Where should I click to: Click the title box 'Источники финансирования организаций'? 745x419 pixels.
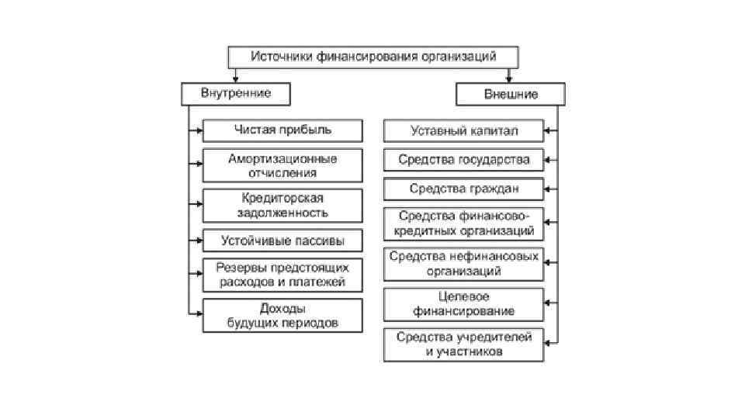click(x=372, y=56)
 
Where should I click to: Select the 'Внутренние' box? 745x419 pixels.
click(x=236, y=94)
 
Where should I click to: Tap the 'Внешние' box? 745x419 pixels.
click(x=511, y=94)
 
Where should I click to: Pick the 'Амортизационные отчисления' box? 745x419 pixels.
click(x=282, y=165)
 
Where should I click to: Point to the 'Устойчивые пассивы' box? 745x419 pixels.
click(x=282, y=240)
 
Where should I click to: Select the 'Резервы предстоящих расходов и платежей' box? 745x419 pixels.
click(x=282, y=275)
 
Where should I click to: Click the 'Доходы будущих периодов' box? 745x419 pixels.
click(x=282, y=315)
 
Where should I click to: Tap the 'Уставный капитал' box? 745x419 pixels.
click(x=464, y=130)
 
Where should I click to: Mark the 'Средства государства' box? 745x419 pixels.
click(x=464, y=160)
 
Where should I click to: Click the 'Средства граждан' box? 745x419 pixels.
click(x=464, y=189)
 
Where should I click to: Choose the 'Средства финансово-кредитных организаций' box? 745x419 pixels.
click(x=464, y=223)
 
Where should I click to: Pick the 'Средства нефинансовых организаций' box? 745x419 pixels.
click(x=464, y=264)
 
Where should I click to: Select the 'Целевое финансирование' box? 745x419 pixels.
click(x=464, y=303)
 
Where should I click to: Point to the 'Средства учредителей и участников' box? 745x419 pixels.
click(x=464, y=344)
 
